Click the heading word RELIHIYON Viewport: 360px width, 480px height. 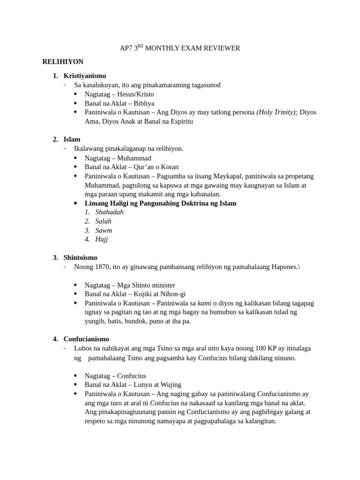pyautogui.click(x=63, y=62)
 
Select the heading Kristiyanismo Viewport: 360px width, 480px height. pyautogui.click(x=85, y=75)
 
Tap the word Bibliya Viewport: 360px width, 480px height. pyautogui.click(x=144, y=103)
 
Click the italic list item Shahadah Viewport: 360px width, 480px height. pyautogui.click(x=109, y=212)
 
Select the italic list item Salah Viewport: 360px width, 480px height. pyautogui.click(x=103, y=221)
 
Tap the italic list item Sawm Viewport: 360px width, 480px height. pyautogui.click(x=104, y=230)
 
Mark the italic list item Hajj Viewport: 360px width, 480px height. pyautogui.click(x=101, y=239)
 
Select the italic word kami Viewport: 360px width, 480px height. pyautogui.click(x=204, y=303)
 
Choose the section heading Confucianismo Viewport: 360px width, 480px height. pyautogui.click(x=86, y=339)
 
